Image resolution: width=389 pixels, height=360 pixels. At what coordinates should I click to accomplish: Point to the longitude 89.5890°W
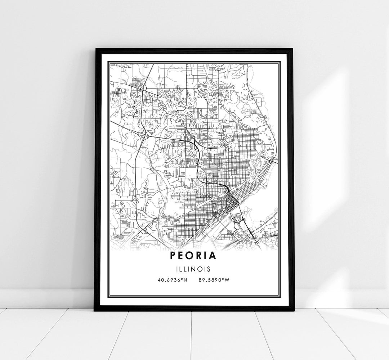tap(213, 280)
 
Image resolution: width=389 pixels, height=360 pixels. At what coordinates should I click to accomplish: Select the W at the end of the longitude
tap(226, 280)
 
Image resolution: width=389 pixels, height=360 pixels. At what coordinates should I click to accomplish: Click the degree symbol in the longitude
tap(222, 279)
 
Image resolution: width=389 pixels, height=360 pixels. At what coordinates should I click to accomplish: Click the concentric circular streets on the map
tap(168, 175)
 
